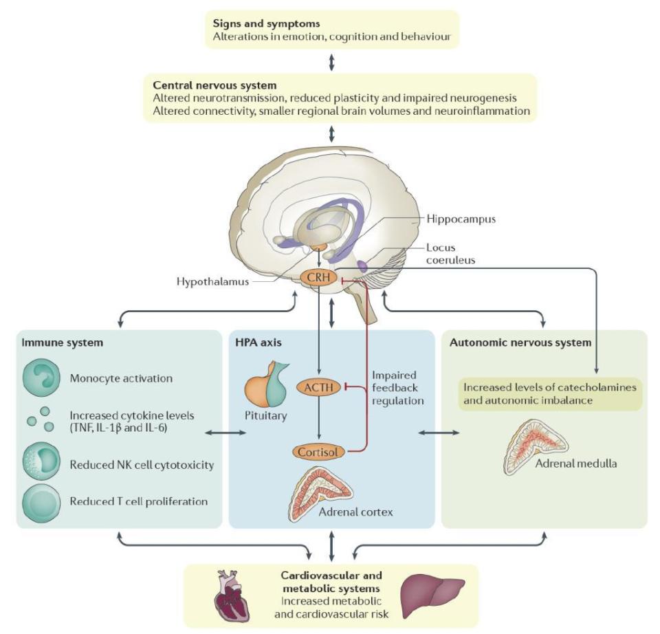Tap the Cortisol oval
pos(317,452)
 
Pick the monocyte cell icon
pos(41,378)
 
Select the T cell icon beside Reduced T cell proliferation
pos(41,501)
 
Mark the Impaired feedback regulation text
pos(398,388)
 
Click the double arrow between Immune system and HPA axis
pos(225,432)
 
